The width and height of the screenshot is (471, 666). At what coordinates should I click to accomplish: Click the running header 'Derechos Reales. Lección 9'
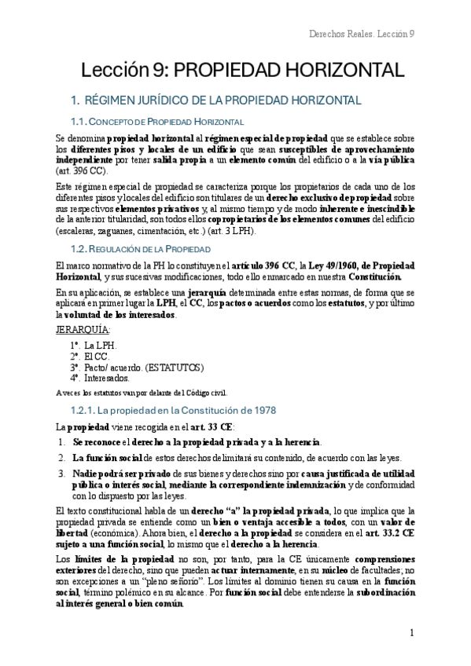362,35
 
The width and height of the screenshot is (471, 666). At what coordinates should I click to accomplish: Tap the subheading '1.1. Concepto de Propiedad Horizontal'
157,122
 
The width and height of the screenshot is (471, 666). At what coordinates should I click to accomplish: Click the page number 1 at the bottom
411,633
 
